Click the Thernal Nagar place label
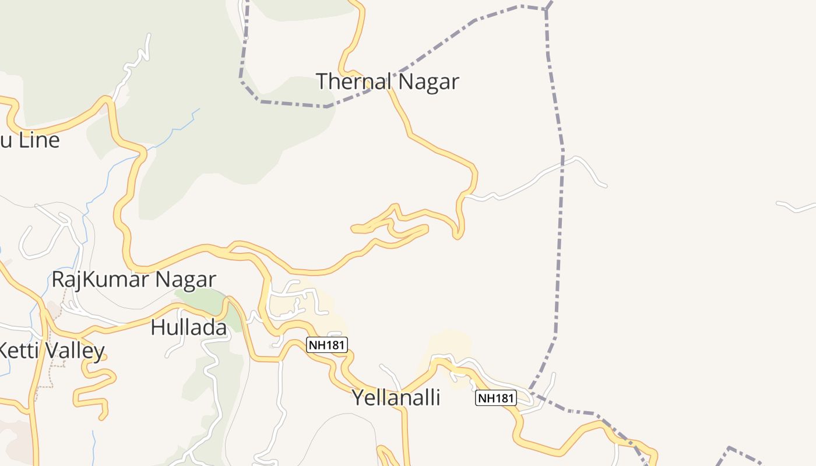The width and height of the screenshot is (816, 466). pyautogui.click(x=387, y=82)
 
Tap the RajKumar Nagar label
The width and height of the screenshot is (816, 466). pyautogui.click(x=133, y=280)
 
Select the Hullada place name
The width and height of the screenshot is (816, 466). pyautogui.click(x=188, y=327)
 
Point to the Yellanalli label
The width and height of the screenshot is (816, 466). pyautogui.click(x=396, y=398)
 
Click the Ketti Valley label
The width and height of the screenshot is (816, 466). pyautogui.click(x=51, y=351)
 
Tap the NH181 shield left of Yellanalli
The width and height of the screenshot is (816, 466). pyautogui.click(x=327, y=345)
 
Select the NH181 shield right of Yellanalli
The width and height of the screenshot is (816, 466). pyautogui.click(x=495, y=398)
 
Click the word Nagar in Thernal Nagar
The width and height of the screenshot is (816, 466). pyautogui.click(x=428, y=82)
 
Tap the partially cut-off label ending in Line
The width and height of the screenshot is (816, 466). pyautogui.click(x=29, y=140)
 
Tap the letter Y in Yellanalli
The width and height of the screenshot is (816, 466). pyautogui.click(x=357, y=398)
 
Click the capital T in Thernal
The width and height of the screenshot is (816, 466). pyautogui.click(x=322, y=82)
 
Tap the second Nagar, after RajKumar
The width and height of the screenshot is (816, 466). pyautogui.click(x=185, y=280)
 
